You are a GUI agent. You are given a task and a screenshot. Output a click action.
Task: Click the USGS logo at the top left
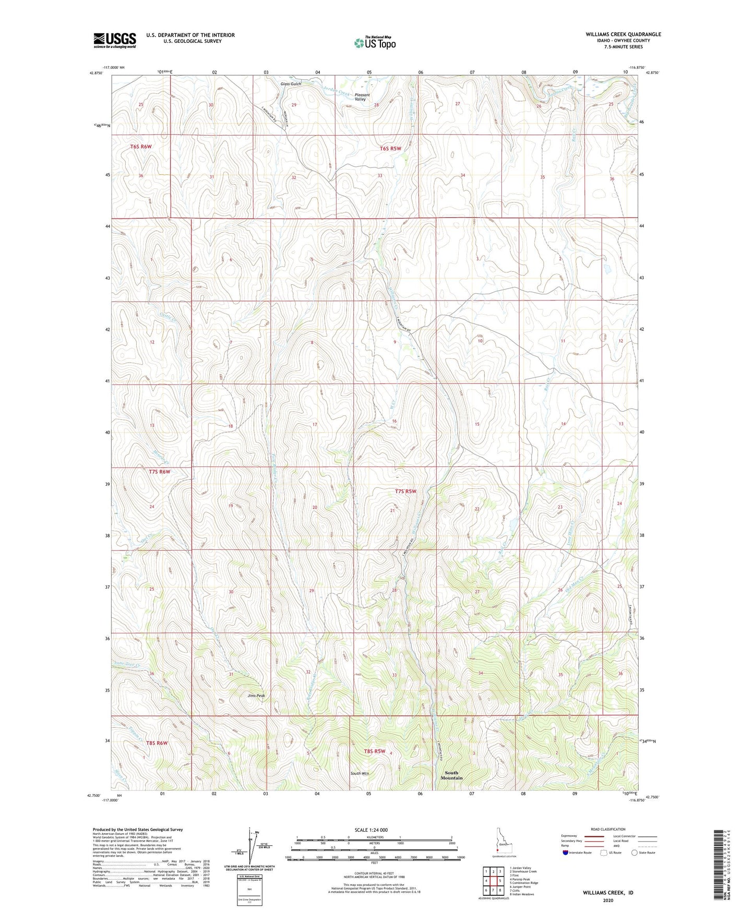(x=115, y=40)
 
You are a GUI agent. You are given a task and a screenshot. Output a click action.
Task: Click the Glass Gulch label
(x=291, y=84)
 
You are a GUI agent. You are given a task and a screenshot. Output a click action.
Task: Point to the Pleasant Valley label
(x=362, y=97)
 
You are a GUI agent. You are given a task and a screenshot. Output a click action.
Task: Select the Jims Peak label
(x=256, y=696)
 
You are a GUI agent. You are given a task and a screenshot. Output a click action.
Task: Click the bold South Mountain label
(x=451, y=775)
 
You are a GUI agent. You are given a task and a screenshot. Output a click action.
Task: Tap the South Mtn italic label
(x=360, y=773)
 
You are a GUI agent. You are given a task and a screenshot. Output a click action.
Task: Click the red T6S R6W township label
(x=141, y=147)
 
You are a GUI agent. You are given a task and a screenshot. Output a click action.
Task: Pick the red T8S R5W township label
(x=375, y=751)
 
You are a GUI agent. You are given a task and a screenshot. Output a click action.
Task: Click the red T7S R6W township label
(x=159, y=472)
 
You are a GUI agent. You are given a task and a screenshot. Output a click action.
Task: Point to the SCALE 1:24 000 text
(x=371, y=830)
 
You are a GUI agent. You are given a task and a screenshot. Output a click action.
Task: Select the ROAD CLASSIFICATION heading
(x=608, y=829)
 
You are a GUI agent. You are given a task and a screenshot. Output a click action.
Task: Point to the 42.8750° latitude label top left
(x=97, y=73)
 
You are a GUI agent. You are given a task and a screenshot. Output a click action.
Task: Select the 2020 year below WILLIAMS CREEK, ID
(x=608, y=900)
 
